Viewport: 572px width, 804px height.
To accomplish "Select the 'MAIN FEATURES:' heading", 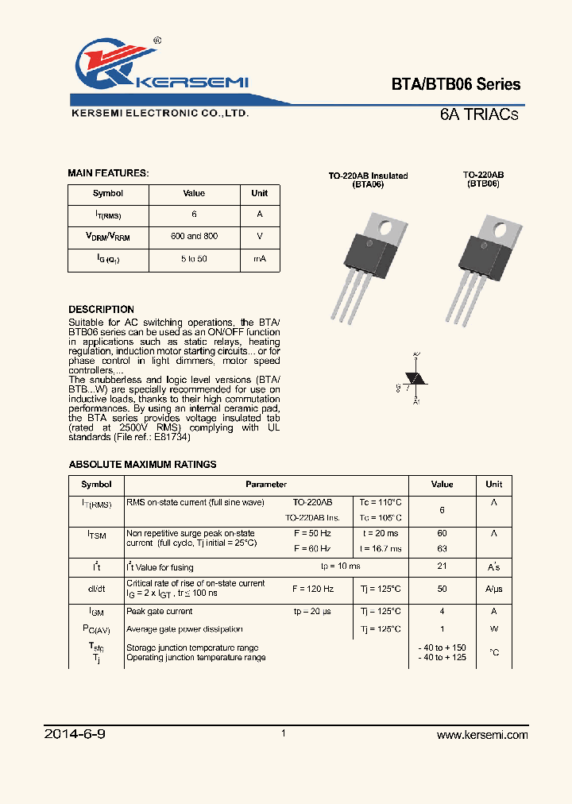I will point(108,173).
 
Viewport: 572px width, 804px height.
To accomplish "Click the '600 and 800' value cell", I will point(194,237).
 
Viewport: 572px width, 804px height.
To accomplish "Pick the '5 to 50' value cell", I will point(194,259).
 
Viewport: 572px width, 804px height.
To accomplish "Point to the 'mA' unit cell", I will point(259,259).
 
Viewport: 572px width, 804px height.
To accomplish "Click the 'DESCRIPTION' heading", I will point(101,309).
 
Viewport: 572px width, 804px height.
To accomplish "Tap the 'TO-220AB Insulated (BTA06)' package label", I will point(368,180).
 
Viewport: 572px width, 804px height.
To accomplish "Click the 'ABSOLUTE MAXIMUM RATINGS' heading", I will point(142,465).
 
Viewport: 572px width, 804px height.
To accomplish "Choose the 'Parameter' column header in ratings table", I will point(266,485).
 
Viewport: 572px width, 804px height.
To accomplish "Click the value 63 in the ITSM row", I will point(442,549).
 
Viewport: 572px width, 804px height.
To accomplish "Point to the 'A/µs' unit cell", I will point(493,589).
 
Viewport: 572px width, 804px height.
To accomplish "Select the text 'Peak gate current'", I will point(159,612).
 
